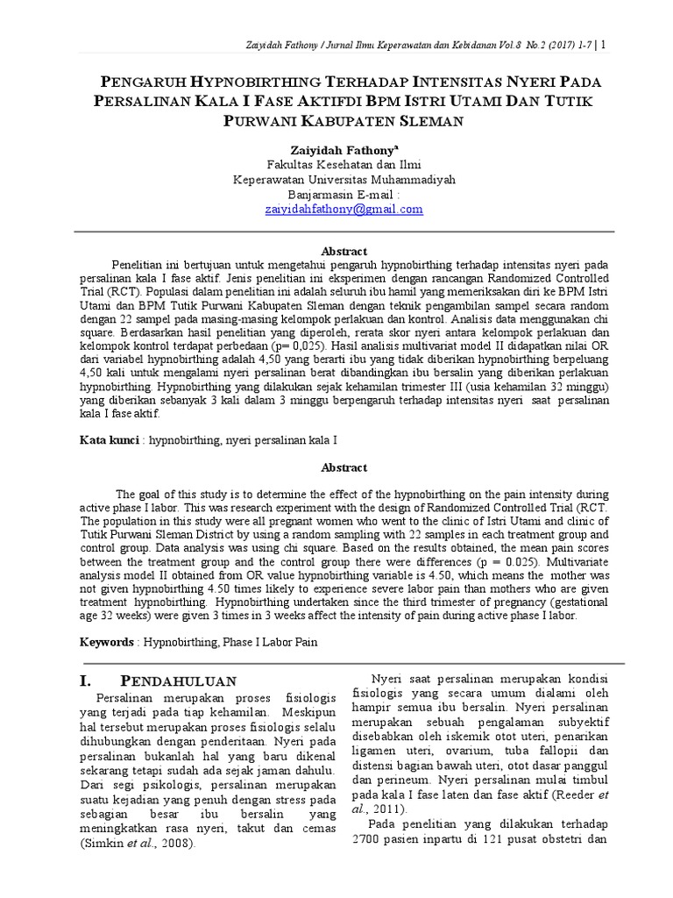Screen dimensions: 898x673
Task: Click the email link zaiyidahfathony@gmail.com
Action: (344, 210)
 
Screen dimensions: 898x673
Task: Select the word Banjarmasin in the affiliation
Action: (319, 195)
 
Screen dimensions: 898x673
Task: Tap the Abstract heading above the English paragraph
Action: (344, 467)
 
